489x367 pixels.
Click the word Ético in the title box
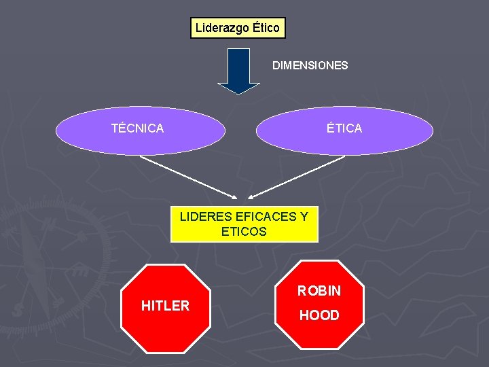266,29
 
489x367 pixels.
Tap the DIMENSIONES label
310,66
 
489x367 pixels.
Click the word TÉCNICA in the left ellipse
137,128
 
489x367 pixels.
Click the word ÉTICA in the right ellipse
344,128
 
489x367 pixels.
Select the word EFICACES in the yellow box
265,217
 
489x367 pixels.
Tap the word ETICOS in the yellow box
244,232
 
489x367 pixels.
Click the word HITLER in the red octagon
165,306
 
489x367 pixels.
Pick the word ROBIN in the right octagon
319,292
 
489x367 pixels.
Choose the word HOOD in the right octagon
319,315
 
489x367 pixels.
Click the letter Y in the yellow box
303,217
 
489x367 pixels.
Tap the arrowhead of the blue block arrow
238,88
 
